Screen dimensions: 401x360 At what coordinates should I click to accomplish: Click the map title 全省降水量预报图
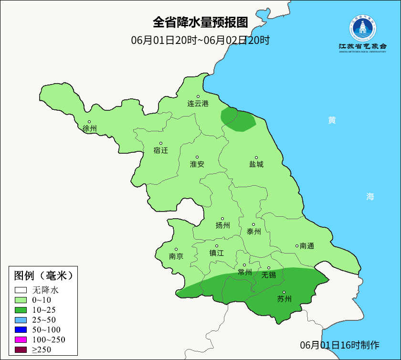(x=200, y=22)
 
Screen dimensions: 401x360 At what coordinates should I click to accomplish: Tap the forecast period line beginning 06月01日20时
(x=200, y=40)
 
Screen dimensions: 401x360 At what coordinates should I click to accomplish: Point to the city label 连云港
(x=198, y=104)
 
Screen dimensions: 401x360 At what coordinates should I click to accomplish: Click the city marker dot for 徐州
(x=89, y=122)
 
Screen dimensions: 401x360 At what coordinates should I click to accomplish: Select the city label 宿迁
(x=161, y=150)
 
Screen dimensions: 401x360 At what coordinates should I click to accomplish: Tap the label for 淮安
(x=197, y=164)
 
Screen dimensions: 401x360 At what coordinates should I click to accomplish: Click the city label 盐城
(x=256, y=164)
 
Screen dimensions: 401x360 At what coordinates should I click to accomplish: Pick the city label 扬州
(x=222, y=225)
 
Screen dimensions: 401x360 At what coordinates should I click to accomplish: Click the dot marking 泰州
(x=253, y=224)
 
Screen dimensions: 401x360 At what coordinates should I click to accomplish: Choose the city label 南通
(x=307, y=246)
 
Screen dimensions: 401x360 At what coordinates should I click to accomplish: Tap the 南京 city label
(x=176, y=256)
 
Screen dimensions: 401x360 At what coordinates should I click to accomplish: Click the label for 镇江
(x=217, y=253)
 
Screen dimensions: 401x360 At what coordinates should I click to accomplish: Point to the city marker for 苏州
(x=284, y=293)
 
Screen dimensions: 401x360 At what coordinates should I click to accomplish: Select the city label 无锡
(x=268, y=275)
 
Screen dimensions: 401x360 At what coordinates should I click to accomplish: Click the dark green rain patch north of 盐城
(x=239, y=120)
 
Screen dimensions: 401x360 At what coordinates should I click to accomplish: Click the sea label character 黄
(x=332, y=120)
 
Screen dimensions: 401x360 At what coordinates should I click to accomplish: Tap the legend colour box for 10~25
(x=21, y=310)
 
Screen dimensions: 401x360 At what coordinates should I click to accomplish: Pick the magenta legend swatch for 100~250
(x=21, y=339)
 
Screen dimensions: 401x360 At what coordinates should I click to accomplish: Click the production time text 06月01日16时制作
(x=340, y=345)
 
